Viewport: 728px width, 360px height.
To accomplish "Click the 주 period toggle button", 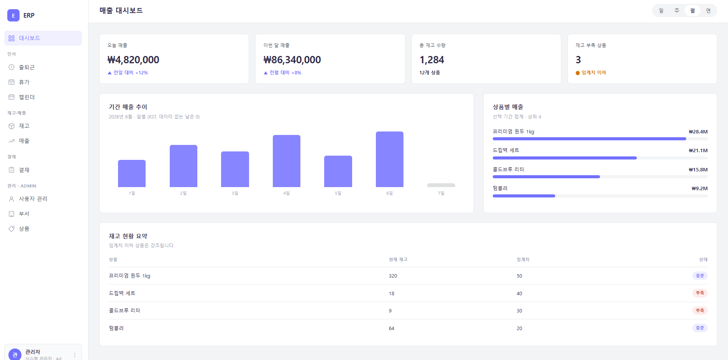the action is point(677,11).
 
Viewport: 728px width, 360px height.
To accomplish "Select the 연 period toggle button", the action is point(708,11).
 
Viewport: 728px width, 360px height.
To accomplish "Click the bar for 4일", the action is point(287,161).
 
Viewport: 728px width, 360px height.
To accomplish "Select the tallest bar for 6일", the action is point(390,159).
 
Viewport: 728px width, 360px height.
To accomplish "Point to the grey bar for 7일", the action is point(441,185).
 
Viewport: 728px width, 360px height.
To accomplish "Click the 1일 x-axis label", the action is point(132,193).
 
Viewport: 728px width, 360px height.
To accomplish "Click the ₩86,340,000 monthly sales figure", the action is point(292,60).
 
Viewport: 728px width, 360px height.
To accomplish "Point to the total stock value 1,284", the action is point(432,60).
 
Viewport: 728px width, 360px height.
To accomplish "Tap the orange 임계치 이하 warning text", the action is point(594,72).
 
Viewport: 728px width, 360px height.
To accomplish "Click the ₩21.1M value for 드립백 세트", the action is point(698,150).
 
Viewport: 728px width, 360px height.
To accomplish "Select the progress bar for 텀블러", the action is point(600,196).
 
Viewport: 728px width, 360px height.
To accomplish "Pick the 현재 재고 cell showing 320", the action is point(393,276).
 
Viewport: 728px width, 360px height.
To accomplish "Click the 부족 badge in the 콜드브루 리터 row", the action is point(700,311).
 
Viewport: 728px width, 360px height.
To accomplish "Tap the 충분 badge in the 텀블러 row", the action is point(700,328).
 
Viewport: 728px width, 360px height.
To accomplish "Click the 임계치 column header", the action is point(523,260).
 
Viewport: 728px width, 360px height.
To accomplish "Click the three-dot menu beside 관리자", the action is point(75,355).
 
